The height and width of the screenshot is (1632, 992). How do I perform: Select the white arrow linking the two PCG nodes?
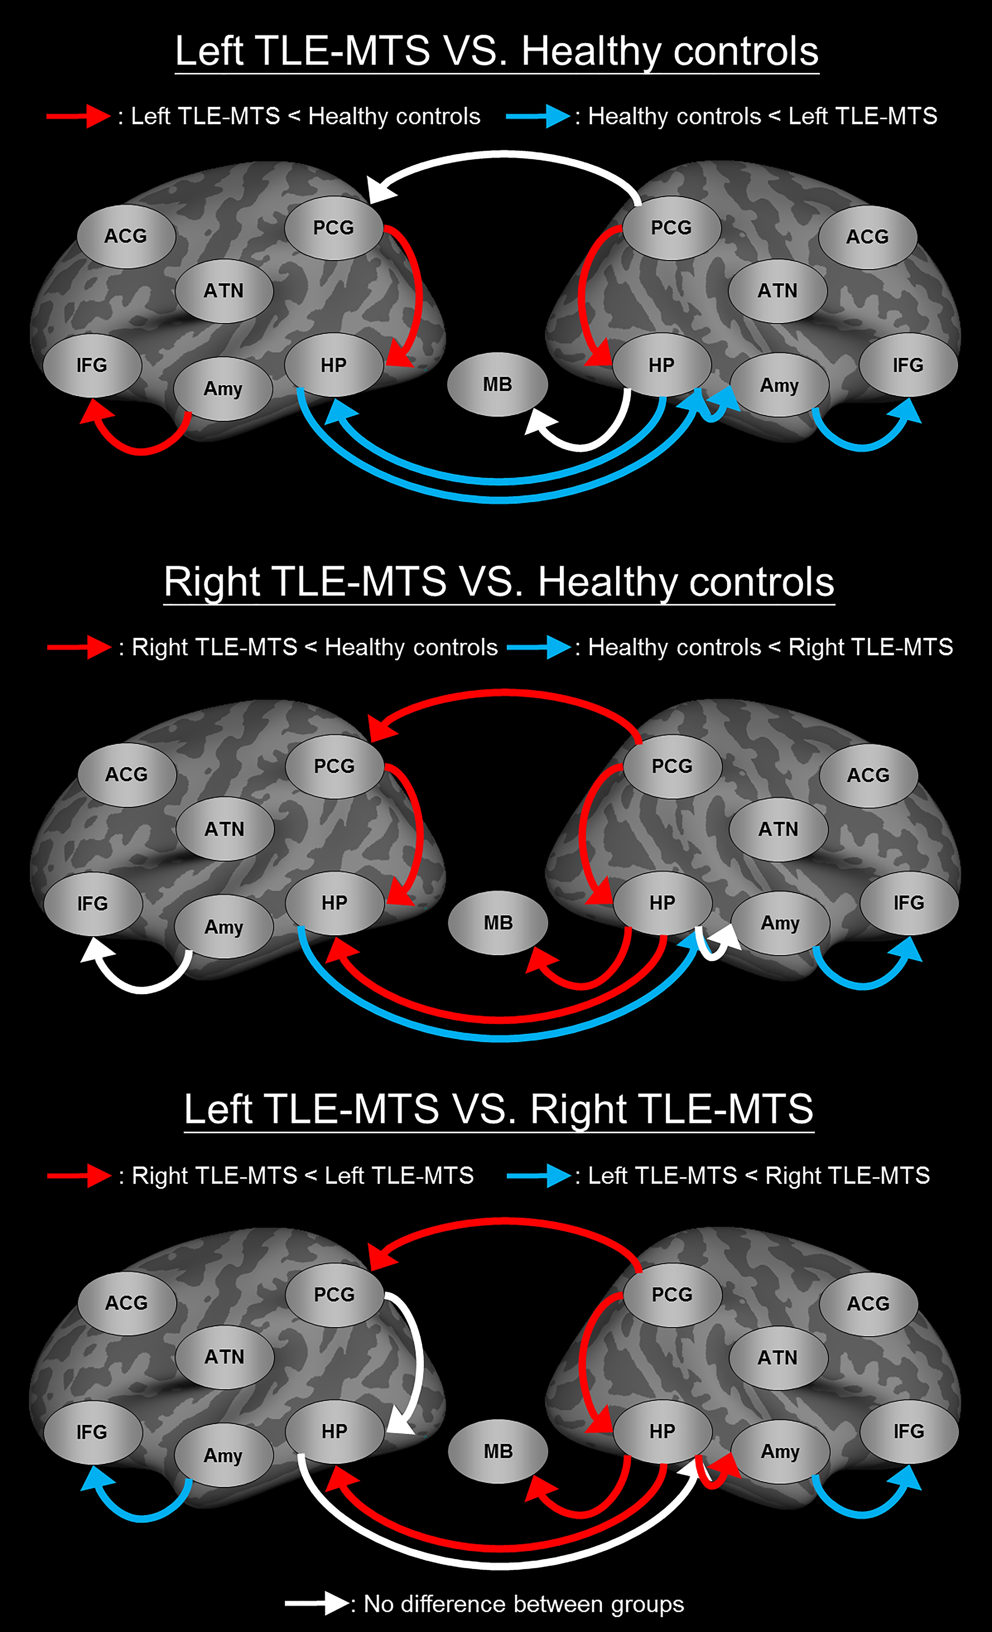(503, 156)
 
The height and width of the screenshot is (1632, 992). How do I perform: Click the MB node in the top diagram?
(497, 384)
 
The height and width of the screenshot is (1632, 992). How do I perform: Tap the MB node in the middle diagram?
(498, 923)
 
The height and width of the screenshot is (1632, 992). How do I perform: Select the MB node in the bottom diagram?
(498, 1451)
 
